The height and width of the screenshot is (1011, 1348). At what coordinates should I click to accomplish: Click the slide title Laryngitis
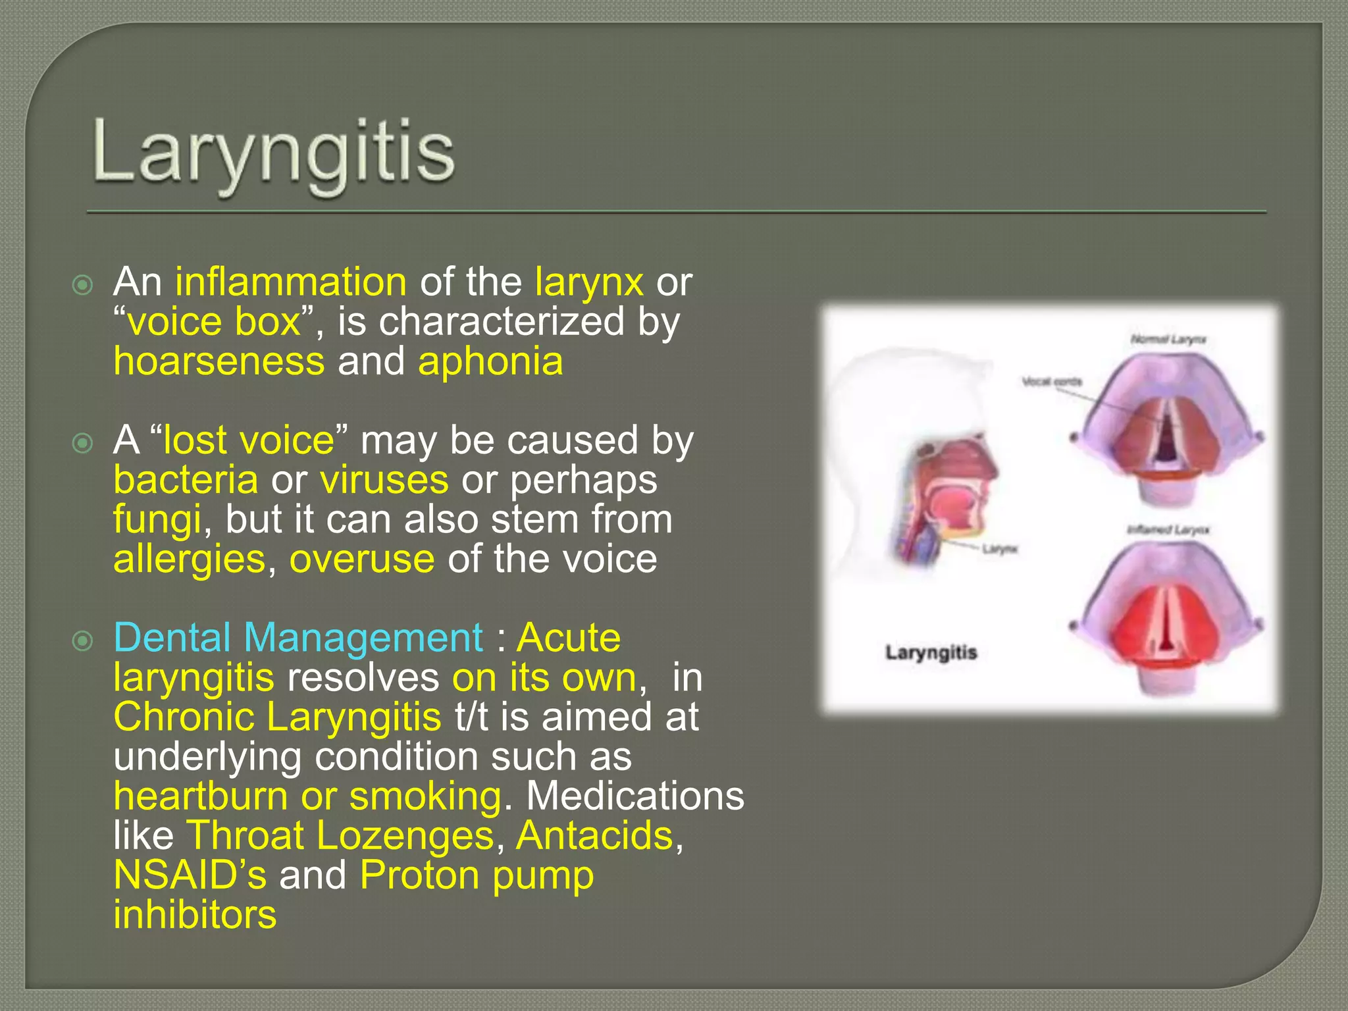274,153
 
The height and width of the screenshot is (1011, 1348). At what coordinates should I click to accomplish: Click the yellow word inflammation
291,282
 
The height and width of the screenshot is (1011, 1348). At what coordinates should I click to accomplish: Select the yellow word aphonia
490,361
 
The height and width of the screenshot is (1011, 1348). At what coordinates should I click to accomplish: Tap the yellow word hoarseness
219,361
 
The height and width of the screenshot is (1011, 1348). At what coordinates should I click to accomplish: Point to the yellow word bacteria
186,480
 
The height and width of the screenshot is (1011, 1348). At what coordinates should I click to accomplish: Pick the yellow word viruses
384,480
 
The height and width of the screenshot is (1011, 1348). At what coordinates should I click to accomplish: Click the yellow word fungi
157,521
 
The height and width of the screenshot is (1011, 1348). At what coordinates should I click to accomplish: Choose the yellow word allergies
190,559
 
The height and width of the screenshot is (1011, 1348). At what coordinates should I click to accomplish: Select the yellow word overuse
362,559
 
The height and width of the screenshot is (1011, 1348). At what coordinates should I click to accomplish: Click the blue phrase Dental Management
298,638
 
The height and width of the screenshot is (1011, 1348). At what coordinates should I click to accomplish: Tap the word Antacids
595,835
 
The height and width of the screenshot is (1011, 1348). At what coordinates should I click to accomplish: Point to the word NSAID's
190,875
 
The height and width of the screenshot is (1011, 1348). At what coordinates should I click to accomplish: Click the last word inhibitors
195,915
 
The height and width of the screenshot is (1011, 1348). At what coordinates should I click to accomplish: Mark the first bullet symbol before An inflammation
83,285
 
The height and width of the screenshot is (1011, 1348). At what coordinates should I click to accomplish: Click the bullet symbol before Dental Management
83,640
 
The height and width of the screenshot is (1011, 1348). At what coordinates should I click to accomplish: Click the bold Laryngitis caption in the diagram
931,652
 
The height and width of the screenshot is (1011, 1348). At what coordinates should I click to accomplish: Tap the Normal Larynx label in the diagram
1168,340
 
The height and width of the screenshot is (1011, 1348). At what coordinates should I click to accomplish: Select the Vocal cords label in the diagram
1051,382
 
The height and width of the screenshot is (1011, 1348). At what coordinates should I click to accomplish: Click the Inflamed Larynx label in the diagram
1168,530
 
